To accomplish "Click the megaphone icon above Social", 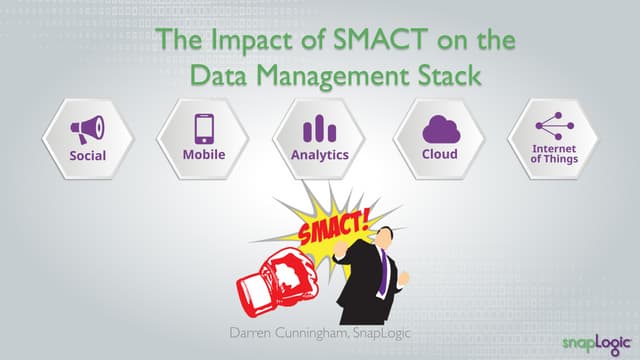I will click(88, 128).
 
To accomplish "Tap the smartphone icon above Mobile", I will click(204, 128).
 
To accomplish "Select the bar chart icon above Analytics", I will click(319, 128).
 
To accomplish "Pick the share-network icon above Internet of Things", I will click(554, 125).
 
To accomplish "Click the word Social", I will click(88, 156).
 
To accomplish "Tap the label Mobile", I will click(204, 154).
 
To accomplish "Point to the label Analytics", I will click(319, 155).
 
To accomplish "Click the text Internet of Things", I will click(554, 153).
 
